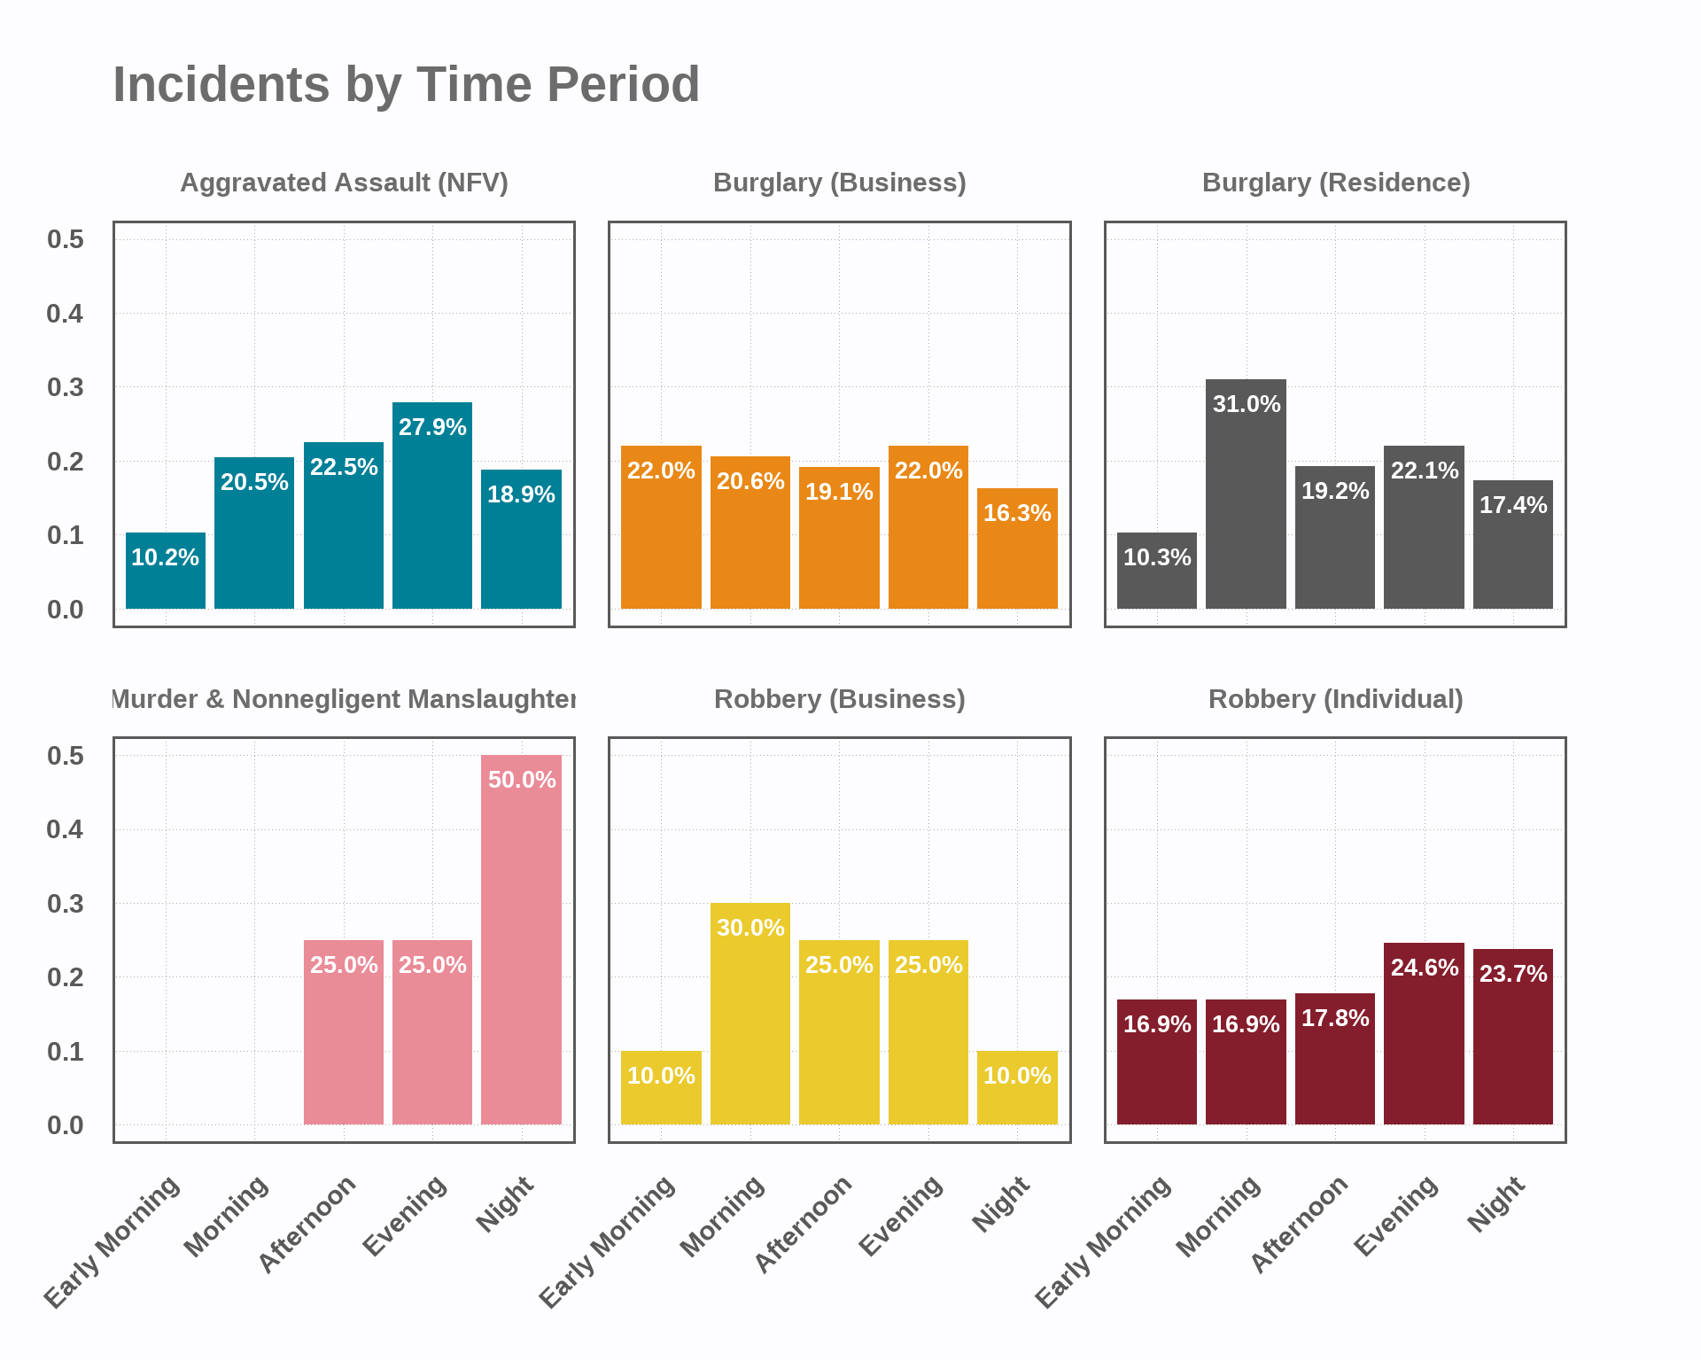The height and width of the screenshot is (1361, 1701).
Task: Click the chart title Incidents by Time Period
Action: tap(406, 85)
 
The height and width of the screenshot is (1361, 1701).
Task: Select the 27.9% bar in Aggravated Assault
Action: tap(432, 505)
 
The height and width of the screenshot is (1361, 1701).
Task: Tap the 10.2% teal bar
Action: tap(166, 571)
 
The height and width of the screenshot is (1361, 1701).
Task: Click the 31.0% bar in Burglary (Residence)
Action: tap(1246, 494)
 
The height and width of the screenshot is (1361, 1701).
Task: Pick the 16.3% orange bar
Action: tap(1017, 548)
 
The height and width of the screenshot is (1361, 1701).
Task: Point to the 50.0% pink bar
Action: tap(521, 939)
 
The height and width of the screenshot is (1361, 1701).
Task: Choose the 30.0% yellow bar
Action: tap(750, 1014)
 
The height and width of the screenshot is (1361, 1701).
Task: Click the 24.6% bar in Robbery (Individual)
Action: tap(1424, 1033)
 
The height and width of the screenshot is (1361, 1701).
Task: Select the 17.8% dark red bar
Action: tap(1335, 1059)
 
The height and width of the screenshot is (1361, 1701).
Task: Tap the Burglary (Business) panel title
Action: tap(840, 183)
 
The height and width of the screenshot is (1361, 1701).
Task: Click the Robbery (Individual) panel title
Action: tap(1336, 699)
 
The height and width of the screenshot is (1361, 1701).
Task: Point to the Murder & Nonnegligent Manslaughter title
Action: tap(345, 699)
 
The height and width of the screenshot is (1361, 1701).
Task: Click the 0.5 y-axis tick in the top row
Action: tap(66, 239)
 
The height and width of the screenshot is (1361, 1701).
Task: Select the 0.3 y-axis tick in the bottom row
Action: tap(66, 904)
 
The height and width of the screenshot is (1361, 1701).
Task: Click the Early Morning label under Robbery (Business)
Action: tap(608, 1241)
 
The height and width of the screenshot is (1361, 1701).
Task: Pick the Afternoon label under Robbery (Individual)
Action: tap(1300, 1224)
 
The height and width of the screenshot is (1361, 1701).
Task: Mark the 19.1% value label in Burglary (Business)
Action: tap(839, 492)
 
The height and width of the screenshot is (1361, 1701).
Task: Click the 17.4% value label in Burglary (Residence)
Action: tap(1513, 505)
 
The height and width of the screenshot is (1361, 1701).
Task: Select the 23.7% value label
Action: tap(1513, 974)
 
